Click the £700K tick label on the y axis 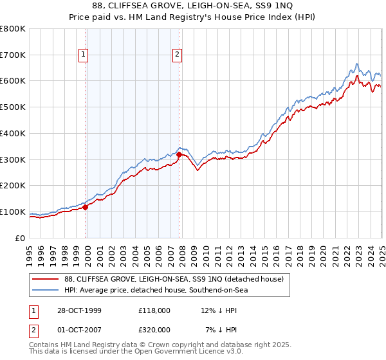click(x=13, y=55)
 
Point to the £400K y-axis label click(x=13, y=134)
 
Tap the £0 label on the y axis click(x=21, y=239)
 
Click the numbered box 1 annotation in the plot click(x=84, y=55)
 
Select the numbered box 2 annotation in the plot click(x=177, y=55)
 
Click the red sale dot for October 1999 click(x=86, y=207)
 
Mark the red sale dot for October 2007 click(x=179, y=154)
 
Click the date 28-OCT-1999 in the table click(x=76, y=310)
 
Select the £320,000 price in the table click(x=154, y=329)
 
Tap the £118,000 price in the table click(x=154, y=310)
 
